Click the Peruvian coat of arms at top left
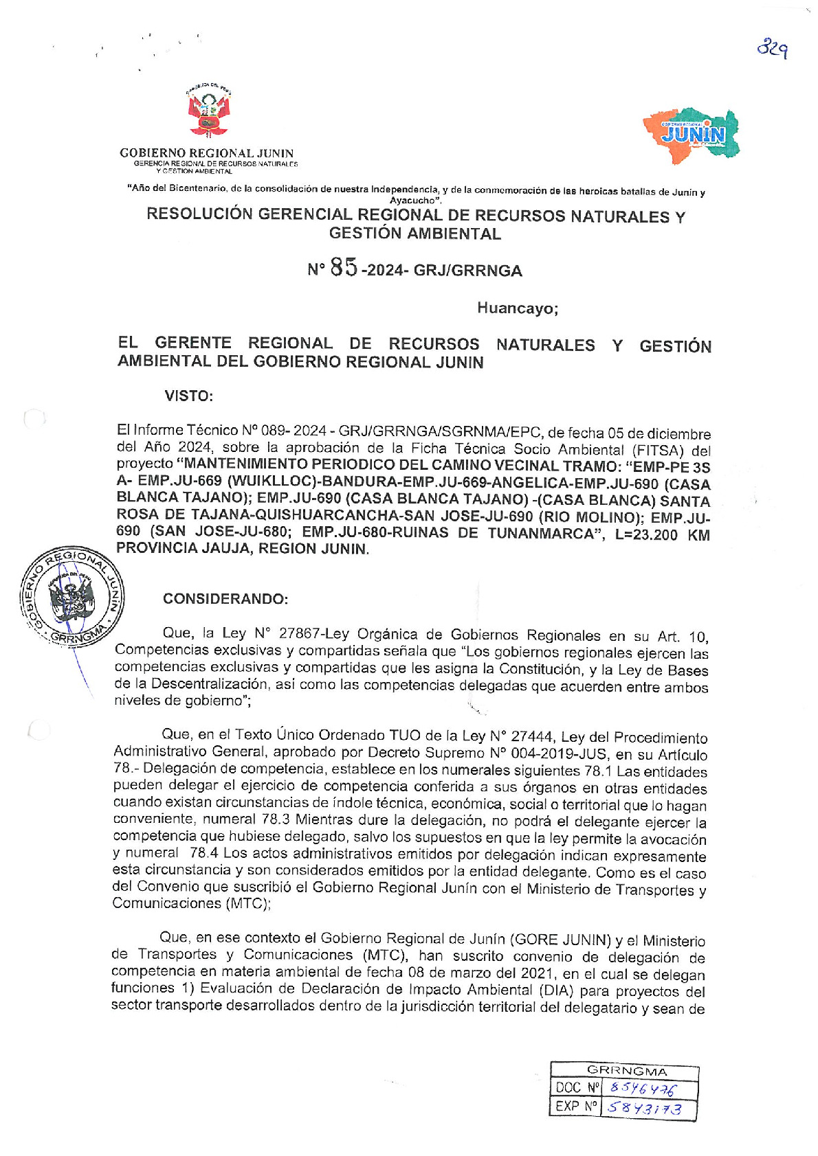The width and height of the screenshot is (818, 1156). tap(209, 113)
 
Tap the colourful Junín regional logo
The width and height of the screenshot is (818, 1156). tap(692, 135)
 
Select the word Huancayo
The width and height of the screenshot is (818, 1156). tap(517, 308)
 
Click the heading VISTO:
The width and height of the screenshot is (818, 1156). tap(188, 396)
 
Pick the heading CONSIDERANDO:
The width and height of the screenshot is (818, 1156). tap(225, 599)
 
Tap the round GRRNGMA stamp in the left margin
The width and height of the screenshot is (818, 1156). tap(72, 595)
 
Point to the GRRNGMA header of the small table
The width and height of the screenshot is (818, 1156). tap(626, 1071)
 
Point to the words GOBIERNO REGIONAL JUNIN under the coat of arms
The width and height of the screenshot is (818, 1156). tap(206, 153)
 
